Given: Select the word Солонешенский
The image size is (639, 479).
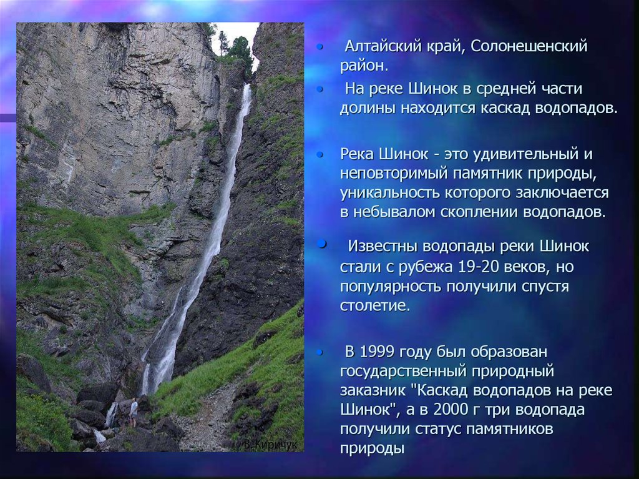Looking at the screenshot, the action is [x=529, y=46].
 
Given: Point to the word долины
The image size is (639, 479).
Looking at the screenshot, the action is [x=368, y=109].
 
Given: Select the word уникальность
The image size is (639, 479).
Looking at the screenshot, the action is [x=389, y=193].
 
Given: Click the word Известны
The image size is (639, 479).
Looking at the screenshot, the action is [x=383, y=247].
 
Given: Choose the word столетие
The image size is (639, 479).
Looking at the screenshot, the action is [x=375, y=305].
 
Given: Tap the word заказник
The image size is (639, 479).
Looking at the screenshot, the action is [x=373, y=390].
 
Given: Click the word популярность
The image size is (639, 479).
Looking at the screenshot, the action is [x=391, y=287].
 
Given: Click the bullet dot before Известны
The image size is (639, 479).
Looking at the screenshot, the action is [x=322, y=244].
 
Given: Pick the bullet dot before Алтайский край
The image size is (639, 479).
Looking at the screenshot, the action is [x=320, y=47].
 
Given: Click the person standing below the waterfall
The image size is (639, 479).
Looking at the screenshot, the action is [x=134, y=413].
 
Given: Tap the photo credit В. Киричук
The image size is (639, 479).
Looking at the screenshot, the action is [x=270, y=445].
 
